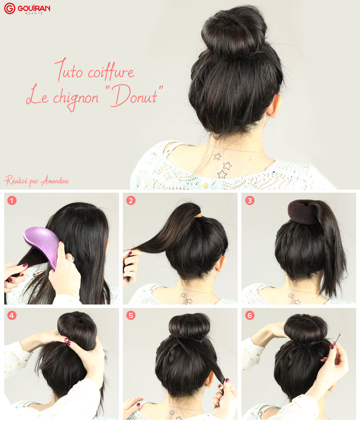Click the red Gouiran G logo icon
pos(10,8)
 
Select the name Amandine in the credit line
pos(55,180)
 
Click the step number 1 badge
pos(12,200)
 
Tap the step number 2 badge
pos(131,200)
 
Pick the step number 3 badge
pos(250,200)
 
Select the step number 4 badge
pos(12,315)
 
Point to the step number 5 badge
pos(131,315)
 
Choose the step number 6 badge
pos(250,315)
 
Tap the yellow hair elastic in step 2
pos(198,215)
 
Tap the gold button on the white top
pos(205,185)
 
